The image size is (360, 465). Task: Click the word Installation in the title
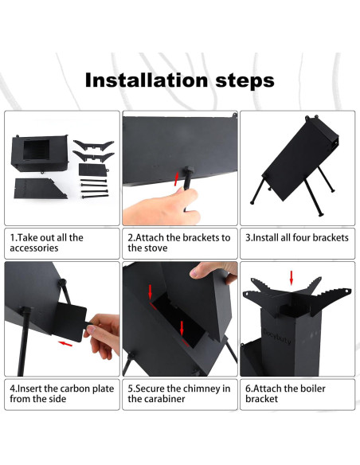click(x=147, y=80)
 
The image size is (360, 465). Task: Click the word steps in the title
click(x=245, y=81)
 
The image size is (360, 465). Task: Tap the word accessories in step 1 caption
click(x=34, y=248)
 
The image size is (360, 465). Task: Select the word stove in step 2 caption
click(x=157, y=248)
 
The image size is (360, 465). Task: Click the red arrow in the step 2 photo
click(x=177, y=179)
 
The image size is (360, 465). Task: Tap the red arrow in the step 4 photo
click(x=65, y=343)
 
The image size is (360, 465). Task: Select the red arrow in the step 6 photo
click(x=292, y=277)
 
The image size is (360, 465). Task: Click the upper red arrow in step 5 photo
click(x=151, y=291)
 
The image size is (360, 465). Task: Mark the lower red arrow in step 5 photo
click(x=182, y=328)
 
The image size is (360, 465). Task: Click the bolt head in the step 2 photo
click(x=188, y=171)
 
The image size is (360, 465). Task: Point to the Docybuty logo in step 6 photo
click(x=277, y=336)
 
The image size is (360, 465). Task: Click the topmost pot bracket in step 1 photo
click(x=94, y=144)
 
